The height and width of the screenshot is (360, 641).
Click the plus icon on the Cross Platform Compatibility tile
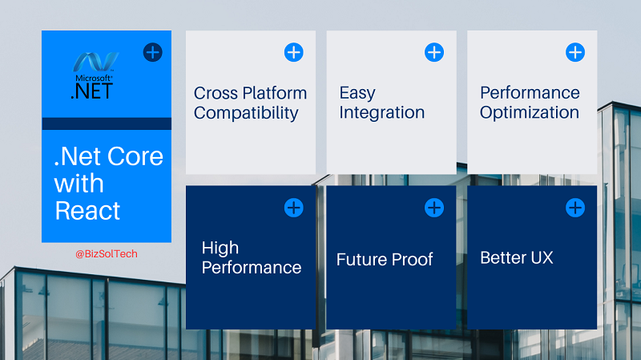point(293,52)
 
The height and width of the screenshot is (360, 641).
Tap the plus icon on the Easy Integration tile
point(434,52)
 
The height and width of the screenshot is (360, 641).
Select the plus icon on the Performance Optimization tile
point(575,52)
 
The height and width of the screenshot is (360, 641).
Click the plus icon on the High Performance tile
point(293,208)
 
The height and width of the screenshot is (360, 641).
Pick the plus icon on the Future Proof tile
point(434,208)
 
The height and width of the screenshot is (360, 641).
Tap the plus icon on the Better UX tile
point(575,208)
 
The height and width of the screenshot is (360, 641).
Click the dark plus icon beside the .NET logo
point(153,52)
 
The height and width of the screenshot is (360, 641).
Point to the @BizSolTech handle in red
point(107,254)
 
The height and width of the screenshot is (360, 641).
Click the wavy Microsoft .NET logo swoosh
point(96,62)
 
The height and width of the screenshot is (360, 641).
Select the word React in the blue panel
point(87,211)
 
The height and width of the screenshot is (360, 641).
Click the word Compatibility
point(246,113)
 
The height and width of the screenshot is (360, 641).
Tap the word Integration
point(382,112)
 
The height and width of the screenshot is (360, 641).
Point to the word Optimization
point(530,112)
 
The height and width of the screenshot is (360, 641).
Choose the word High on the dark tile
point(220,248)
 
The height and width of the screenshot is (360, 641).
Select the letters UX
point(542,257)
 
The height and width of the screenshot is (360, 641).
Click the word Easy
point(357,93)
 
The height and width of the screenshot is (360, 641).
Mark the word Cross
point(216,93)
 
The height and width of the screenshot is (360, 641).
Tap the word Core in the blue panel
point(135,156)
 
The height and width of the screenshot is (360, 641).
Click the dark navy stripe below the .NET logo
point(107,123)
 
